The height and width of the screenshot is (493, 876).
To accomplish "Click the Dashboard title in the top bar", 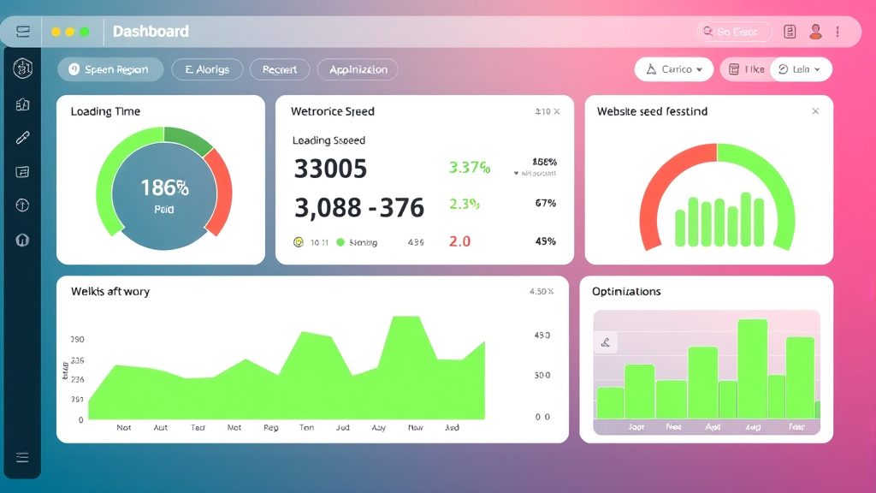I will [x=151, y=32].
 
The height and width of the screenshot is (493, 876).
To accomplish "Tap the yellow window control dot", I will [x=56, y=32].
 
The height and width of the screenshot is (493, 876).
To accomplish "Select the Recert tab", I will [x=280, y=69].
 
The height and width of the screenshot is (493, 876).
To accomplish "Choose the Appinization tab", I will [x=358, y=69].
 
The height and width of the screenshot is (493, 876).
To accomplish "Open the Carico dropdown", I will [x=674, y=69].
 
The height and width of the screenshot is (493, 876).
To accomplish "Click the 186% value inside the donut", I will [x=164, y=187].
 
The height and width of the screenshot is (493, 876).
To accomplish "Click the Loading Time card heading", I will [x=105, y=111].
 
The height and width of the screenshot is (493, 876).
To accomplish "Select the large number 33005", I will [x=330, y=169].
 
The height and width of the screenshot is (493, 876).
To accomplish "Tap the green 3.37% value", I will [x=470, y=168].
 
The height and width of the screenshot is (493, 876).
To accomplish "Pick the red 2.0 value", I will [x=459, y=241].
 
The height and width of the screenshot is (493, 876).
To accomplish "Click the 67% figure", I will [x=545, y=203].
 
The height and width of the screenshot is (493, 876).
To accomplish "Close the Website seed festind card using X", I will [x=815, y=111].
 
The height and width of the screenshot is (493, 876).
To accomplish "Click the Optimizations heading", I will [x=626, y=292].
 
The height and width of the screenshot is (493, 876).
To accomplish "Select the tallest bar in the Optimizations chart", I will [x=752, y=368].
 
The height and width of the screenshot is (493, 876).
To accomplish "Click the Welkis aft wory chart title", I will [x=110, y=292].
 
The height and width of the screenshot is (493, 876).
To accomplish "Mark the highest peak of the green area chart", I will [x=405, y=318].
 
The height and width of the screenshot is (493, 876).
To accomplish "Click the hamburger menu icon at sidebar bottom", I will [x=22, y=457].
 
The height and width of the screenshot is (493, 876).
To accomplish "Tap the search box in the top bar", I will [x=734, y=32].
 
